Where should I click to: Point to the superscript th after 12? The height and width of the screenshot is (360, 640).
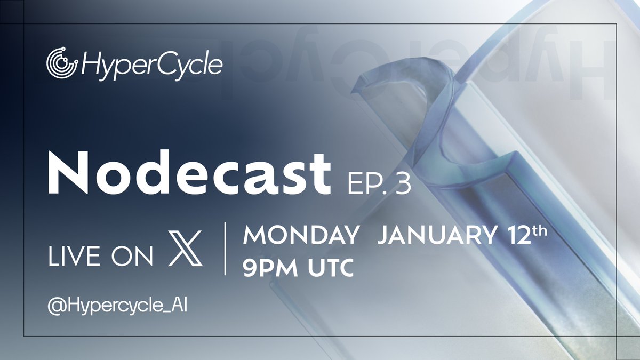coord(540,229)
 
